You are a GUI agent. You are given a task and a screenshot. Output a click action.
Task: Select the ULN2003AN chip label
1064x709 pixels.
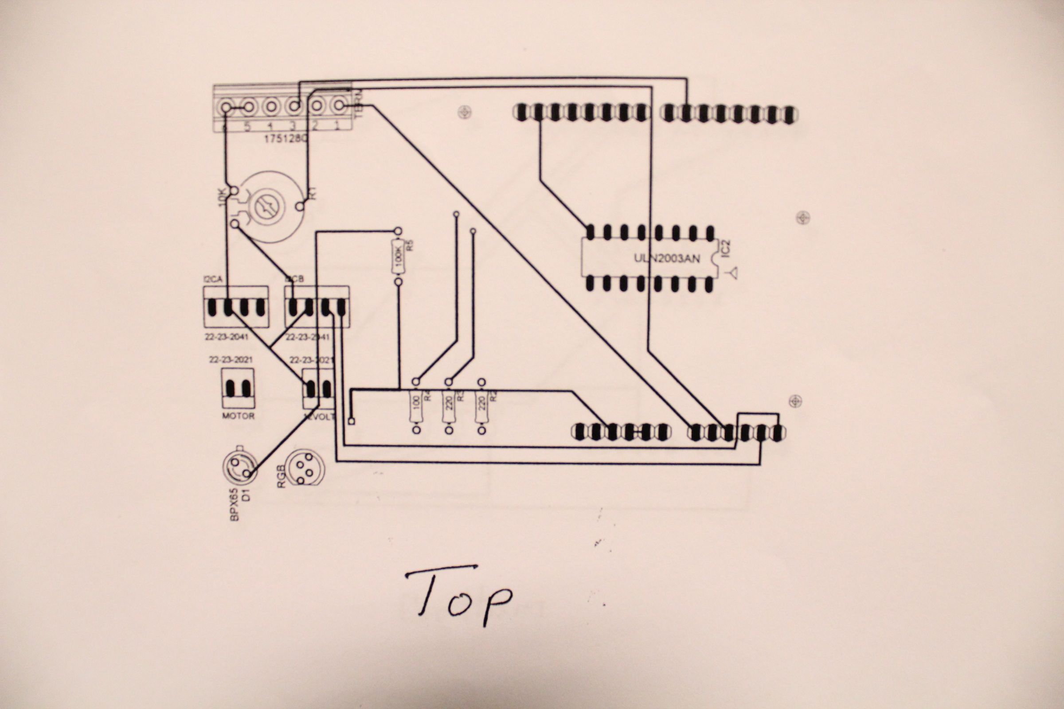667,258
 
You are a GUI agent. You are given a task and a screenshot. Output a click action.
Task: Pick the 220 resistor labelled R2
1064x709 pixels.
482,405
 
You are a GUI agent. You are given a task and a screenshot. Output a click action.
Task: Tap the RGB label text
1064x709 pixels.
281,477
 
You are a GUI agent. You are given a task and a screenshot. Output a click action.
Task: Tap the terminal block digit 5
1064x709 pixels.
247,127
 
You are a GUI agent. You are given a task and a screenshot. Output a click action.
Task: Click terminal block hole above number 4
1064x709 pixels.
270,107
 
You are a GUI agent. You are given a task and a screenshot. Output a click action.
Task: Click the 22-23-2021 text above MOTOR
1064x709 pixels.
231,360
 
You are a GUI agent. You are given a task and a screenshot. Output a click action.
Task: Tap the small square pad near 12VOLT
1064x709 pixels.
352,421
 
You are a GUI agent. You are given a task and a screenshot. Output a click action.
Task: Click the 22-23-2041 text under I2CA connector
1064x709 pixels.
226,337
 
